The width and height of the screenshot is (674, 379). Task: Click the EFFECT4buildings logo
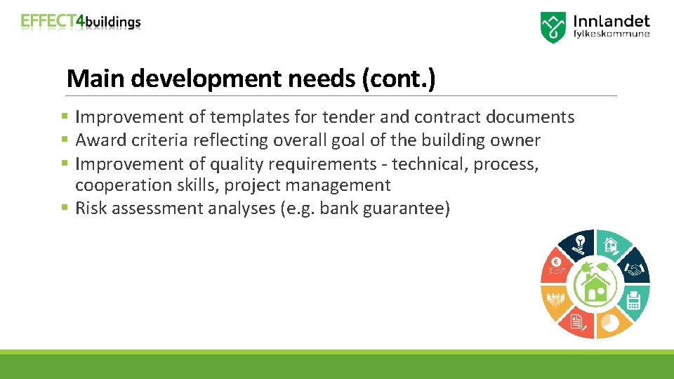point(81,22)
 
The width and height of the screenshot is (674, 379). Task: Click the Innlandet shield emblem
point(553,27)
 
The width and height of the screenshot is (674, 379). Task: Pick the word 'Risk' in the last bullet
point(91,208)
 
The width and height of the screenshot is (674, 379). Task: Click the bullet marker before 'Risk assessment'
point(64,208)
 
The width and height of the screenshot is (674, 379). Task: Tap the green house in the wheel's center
point(595,284)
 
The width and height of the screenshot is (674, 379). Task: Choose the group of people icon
point(556,300)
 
